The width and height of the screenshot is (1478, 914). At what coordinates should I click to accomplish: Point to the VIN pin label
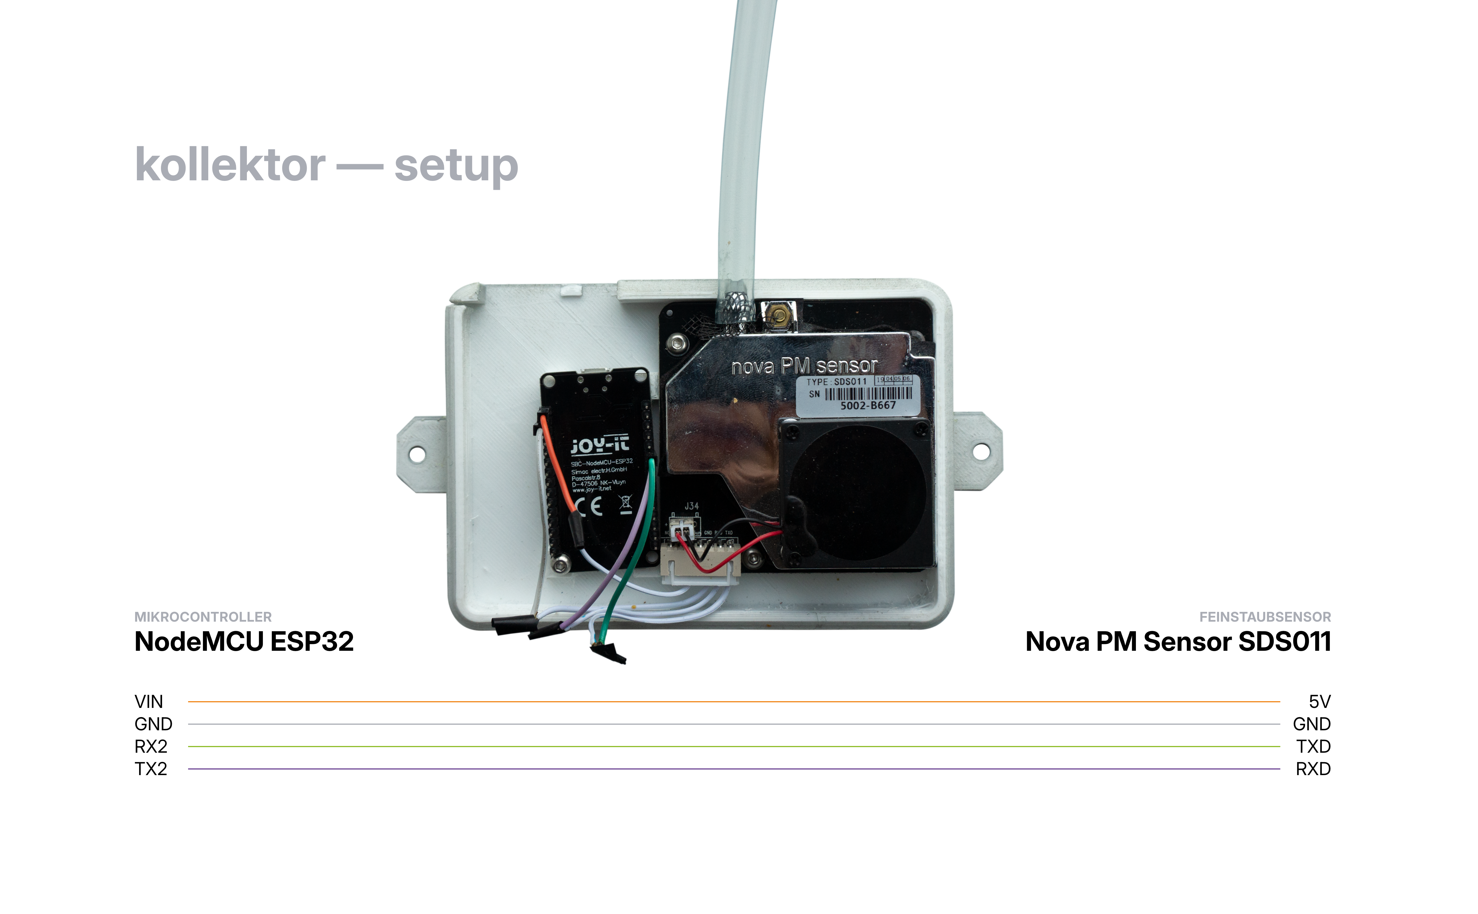click(149, 702)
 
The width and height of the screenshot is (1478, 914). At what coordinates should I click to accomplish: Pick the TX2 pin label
click(150, 769)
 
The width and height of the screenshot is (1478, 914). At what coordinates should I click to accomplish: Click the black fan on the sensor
click(858, 493)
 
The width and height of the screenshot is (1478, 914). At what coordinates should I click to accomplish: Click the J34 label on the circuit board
click(691, 506)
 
